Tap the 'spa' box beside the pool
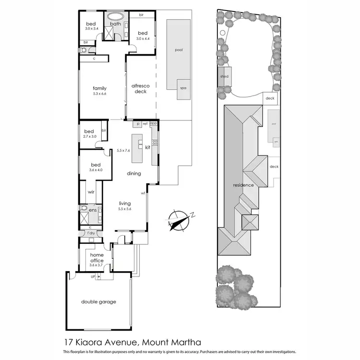183,89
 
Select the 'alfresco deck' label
141,88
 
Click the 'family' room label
99,88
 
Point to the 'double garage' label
98,302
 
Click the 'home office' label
96,258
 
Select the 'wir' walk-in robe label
91,192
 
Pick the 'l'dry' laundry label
91,233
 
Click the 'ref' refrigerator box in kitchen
144,124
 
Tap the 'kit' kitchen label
147,147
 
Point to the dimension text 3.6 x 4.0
96,170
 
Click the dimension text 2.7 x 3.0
90,137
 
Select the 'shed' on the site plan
224,77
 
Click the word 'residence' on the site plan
243,185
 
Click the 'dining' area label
134,173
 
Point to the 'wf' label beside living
143,193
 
